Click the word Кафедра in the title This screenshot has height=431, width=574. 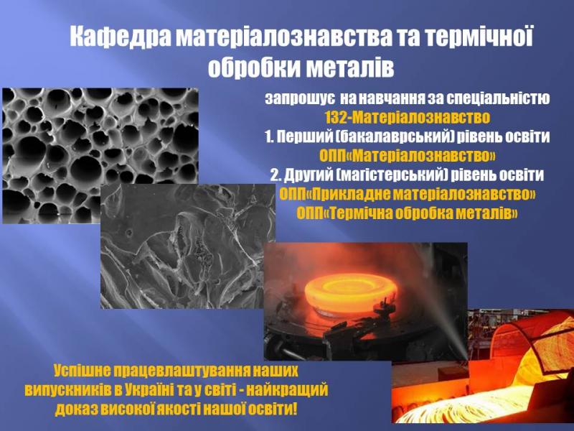(119, 37)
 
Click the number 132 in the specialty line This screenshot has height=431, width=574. (336, 118)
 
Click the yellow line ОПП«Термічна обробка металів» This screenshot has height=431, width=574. (407, 213)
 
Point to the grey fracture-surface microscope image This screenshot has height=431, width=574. (187, 246)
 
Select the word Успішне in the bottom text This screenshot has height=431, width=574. (82, 371)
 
